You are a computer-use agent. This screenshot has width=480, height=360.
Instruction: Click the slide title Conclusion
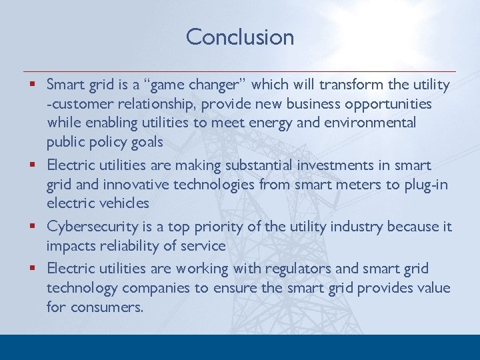(x=240, y=37)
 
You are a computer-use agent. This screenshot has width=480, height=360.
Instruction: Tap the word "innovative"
(x=134, y=184)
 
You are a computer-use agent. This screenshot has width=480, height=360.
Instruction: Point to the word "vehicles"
(x=123, y=203)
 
